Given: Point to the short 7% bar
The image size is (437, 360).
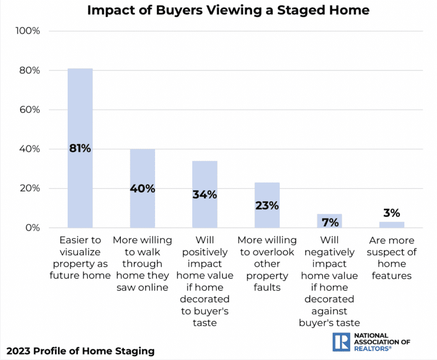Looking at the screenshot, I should pos(329,221).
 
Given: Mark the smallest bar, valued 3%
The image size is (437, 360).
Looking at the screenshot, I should pos(391,225).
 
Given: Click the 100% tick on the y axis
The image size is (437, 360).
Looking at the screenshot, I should pos(28,31).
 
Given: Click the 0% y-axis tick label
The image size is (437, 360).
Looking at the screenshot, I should pos(32,228).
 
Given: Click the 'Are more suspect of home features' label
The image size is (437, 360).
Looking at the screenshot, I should pos(391,257).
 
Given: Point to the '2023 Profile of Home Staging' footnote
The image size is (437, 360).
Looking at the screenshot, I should pos(81,351).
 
